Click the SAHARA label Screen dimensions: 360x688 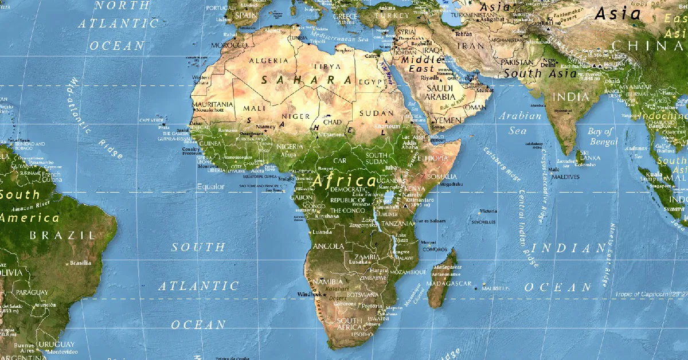(306, 80)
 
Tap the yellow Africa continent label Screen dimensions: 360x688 (344, 179)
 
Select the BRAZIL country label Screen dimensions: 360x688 (62, 235)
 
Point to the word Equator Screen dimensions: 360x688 (210, 186)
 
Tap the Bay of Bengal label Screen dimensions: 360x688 (601, 136)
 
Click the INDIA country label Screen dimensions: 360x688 (570, 97)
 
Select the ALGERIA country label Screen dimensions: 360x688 (268, 60)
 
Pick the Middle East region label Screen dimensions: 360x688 (421, 64)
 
